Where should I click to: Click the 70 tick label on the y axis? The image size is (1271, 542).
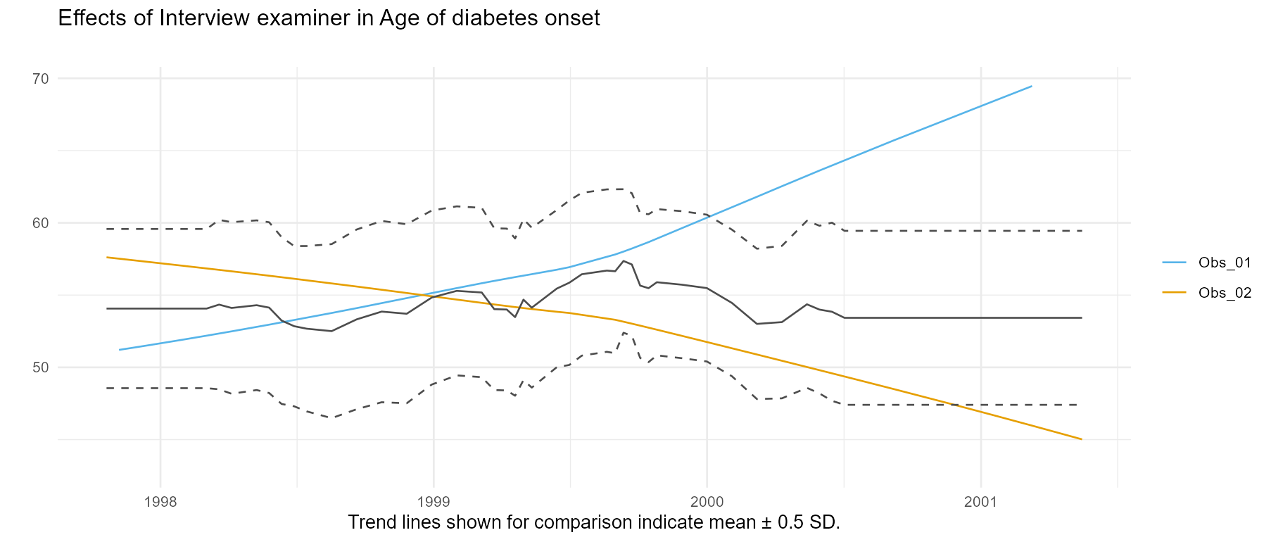pyautogui.click(x=40, y=79)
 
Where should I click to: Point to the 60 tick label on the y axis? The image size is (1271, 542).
pyautogui.click(x=40, y=223)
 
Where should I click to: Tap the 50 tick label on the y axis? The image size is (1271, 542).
pyautogui.click(x=40, y=367)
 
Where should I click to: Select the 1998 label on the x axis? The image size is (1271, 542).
pyautogui.click(x=160, y=502)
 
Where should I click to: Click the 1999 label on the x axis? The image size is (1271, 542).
pyautogui.click(x=434, y=502)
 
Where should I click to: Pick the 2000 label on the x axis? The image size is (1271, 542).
pyautogui.click(x=707, y=502)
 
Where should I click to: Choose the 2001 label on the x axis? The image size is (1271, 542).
pyautogui.click(x=980, y=502)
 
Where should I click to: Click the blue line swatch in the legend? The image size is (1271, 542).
pyautogui.click(x=1174, y=263)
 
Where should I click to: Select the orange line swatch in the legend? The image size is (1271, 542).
pyautogui.click(x=1174, y=291)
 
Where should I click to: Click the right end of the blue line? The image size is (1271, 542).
pyautogui.click(x=1032, y=86)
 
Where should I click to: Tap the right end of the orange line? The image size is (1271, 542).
pyautogui.click(x=1082, y=439)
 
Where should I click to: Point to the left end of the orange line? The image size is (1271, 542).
pyautogui.click(x=107, y=258)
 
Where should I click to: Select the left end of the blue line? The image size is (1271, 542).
pyautogui.click(x=120, y=350)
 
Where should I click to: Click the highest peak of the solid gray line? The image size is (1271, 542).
pyautogui.click(x=624, y=260)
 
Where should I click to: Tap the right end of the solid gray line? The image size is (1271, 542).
pyautogui.click(x=1082, y=318)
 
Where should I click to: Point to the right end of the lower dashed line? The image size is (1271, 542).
pyautogui.click(x=1077, y=405)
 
